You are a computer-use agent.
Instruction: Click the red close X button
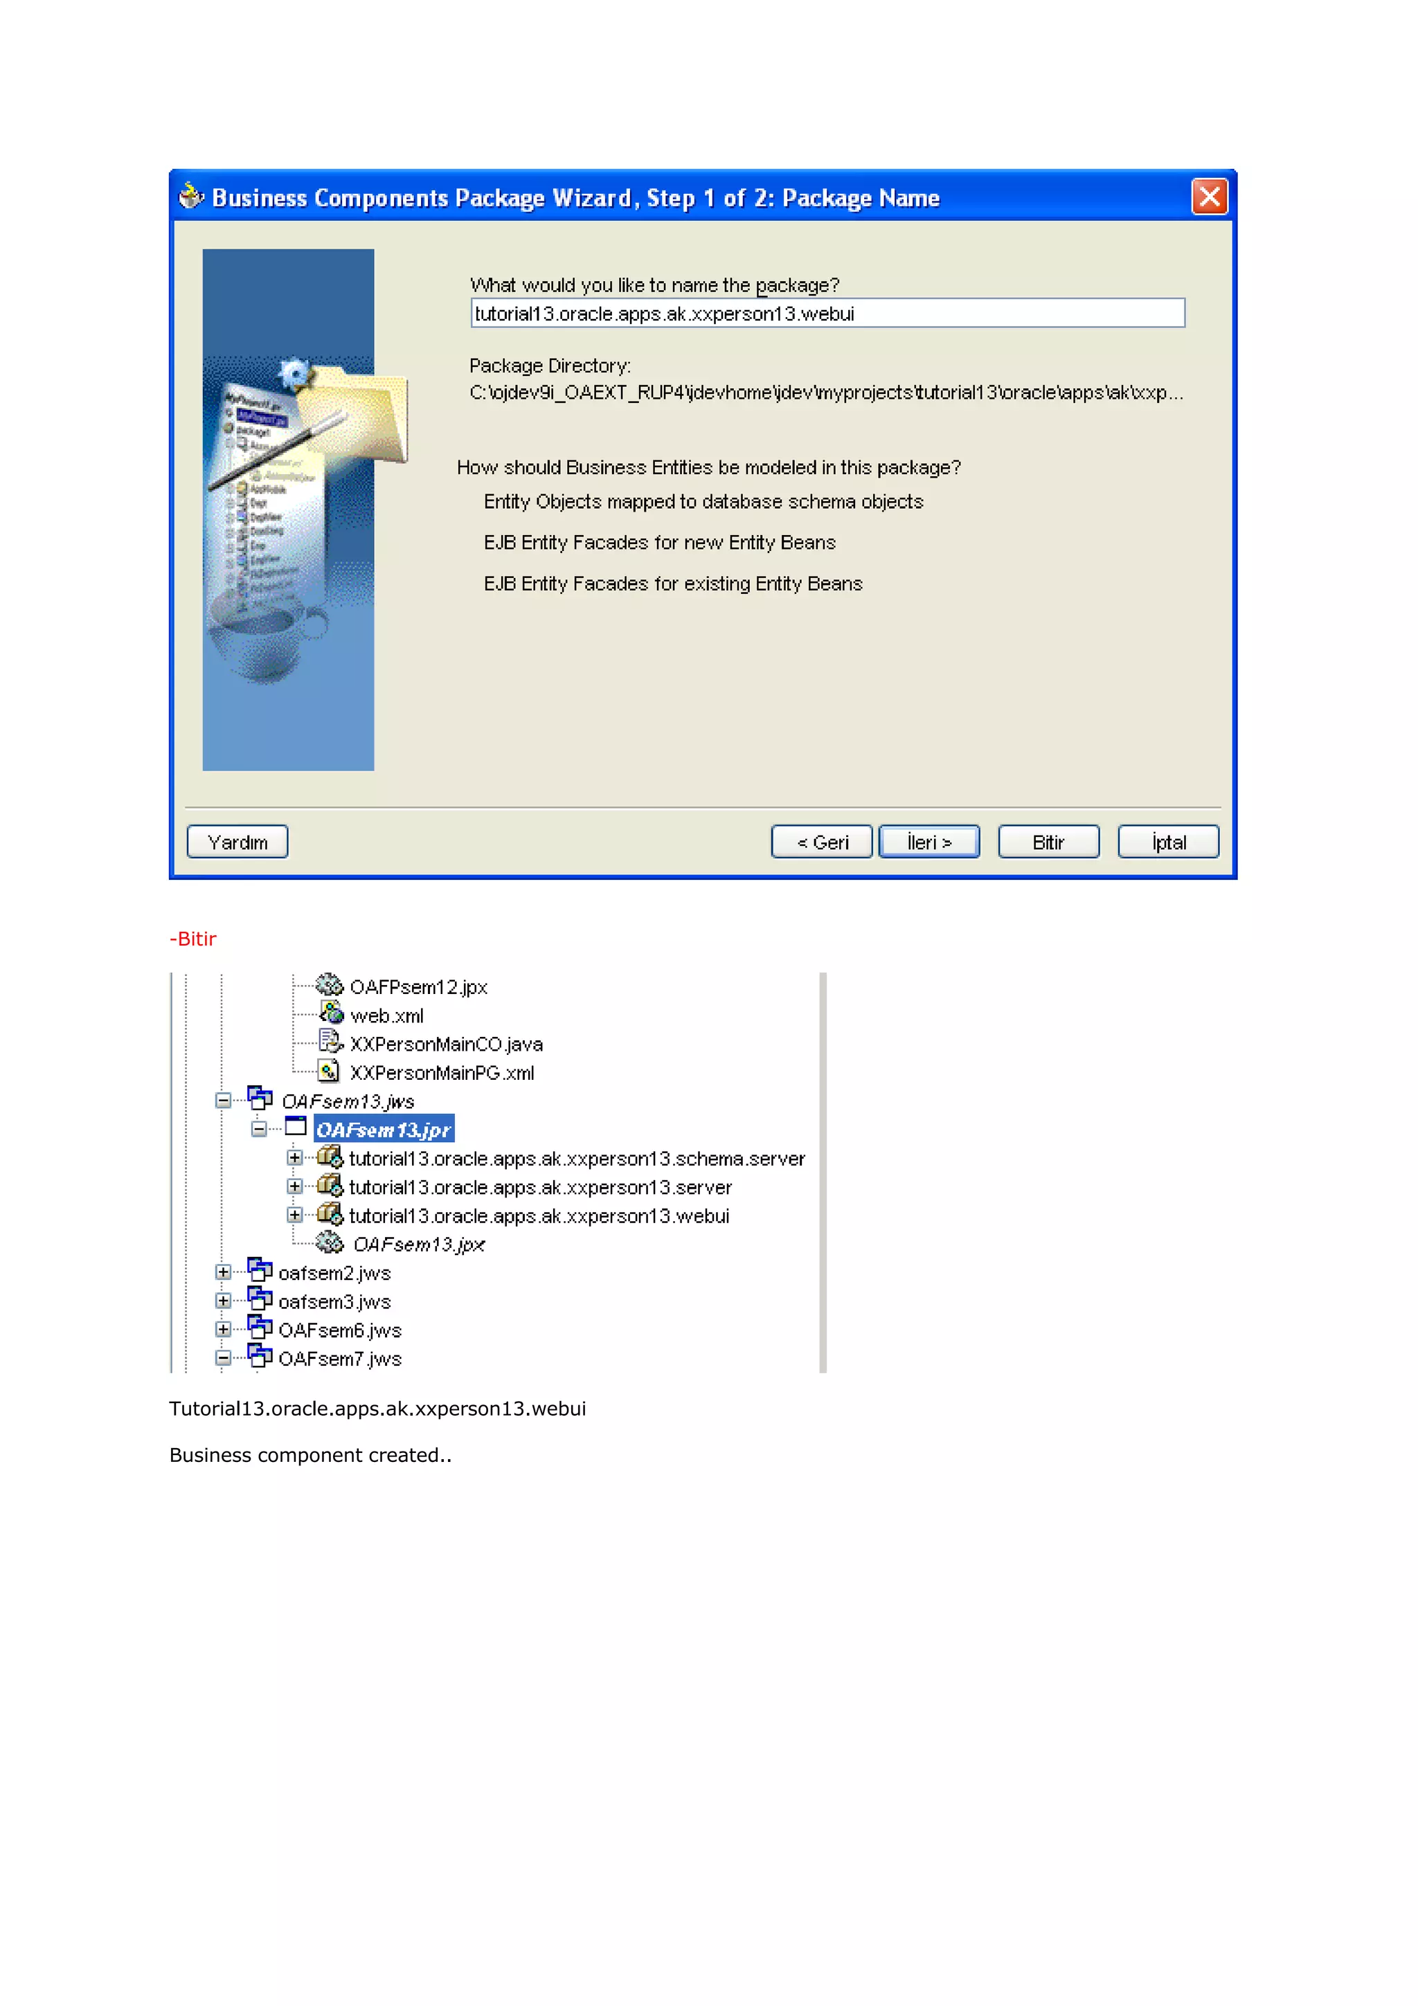(1208, 197)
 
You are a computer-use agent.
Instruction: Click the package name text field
(827, 313)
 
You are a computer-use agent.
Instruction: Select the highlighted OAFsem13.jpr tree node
(384, 1129)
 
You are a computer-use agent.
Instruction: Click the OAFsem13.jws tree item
(347, 1101)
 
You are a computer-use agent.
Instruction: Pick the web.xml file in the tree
(386, 1015)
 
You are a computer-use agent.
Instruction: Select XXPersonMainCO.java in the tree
(446, 1044)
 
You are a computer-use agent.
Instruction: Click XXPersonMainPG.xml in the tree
(441, 1073)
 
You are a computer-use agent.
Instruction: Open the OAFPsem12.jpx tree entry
(418, 986)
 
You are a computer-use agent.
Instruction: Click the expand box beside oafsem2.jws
(224, 1272)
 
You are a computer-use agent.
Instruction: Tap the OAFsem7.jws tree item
(339, 1359)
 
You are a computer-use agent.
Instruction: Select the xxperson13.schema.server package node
(576, 1159)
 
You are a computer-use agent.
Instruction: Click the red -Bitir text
(193, 939)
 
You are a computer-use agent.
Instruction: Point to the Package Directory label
(550, 365)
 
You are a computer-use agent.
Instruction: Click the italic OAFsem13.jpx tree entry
(418, 1244)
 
